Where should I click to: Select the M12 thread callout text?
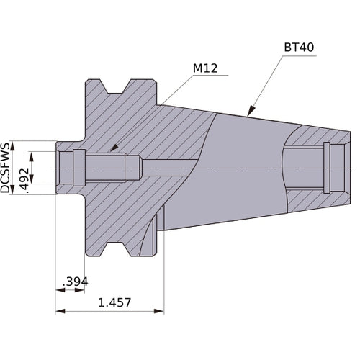pos(205,69)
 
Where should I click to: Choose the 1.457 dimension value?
pos(115,302)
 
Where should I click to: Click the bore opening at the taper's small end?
pos(338,167)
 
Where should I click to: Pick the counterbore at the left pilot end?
pos(66,167)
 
